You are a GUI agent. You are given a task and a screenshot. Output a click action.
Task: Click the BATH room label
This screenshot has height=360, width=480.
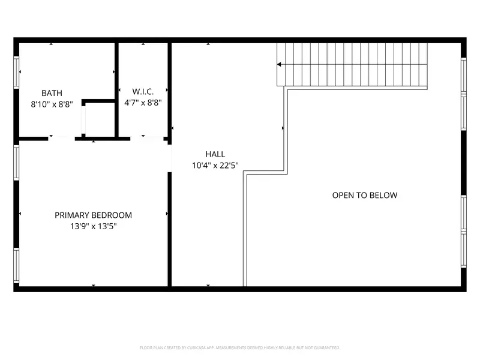click(52, 93)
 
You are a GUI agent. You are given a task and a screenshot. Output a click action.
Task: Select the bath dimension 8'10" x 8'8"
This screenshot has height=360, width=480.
click(52, 103)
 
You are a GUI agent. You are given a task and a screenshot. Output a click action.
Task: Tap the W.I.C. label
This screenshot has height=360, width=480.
click(143, 92)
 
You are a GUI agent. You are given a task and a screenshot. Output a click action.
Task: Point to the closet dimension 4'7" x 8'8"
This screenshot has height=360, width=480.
click(143, 103)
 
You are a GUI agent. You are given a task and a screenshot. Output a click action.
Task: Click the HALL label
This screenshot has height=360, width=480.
click(215, 154)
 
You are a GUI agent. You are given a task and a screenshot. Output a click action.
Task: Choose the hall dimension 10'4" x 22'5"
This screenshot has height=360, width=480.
click(215, 166)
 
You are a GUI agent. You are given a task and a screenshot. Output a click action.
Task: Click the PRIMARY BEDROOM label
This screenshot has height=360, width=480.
click(93, 215)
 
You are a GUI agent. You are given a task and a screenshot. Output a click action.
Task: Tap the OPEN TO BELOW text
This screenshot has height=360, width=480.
click(365, 195)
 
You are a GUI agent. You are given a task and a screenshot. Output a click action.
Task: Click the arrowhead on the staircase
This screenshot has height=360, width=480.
click(280, 64)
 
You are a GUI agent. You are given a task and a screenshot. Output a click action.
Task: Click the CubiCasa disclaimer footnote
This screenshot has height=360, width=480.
click(240, 347)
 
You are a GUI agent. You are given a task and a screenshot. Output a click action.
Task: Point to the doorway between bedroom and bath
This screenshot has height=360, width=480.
click(61, 139)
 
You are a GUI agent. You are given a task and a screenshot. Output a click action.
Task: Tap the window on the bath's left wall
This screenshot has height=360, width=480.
click(16, 73)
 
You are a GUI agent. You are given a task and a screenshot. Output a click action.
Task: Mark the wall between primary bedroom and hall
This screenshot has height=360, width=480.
click(170, 228)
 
